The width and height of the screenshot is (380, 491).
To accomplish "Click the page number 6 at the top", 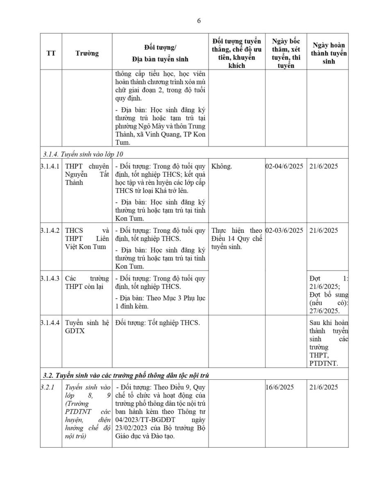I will pos(199,21).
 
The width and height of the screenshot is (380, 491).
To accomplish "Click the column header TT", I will pos(51,53).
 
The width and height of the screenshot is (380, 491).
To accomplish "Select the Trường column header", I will pos(87,53).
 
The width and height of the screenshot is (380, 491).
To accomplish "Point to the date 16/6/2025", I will pos(280,387).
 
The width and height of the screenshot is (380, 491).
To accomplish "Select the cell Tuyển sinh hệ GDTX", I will pos(87,327).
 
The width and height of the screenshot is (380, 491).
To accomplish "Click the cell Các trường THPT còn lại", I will pos(87,283).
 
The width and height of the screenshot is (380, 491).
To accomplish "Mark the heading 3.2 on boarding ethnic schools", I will pos(127,375).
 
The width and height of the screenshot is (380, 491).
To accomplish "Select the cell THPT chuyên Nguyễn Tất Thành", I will pos(87,174).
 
